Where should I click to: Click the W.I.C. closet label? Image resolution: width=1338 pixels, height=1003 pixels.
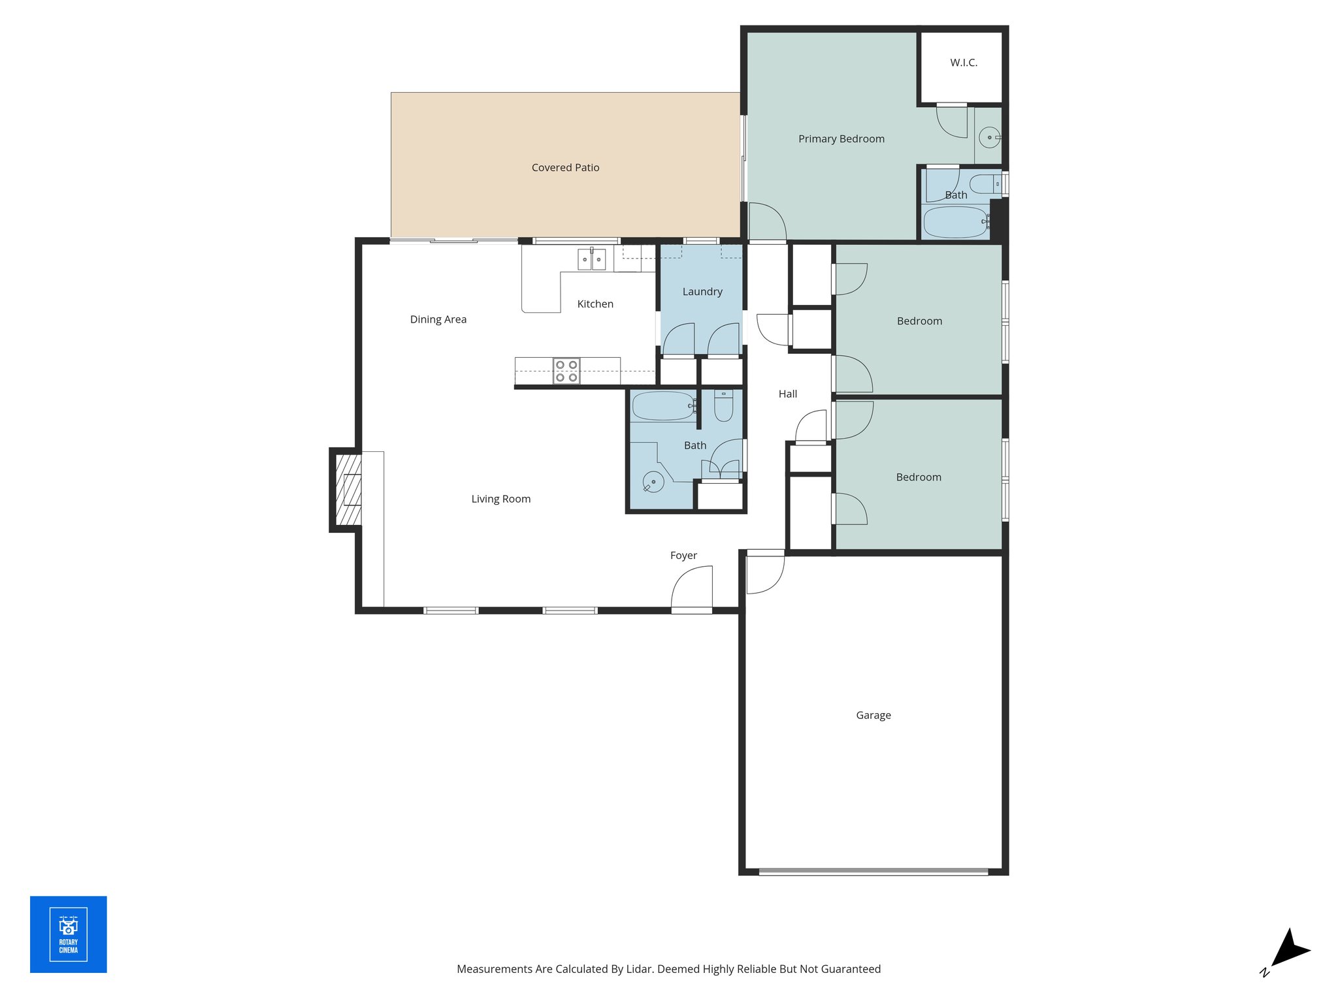point(964,63)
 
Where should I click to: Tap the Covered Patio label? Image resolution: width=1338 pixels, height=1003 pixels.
point(565,168)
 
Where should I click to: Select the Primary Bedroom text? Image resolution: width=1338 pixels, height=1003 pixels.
point(841,139)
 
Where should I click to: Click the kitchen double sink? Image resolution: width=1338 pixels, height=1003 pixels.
point(591,259)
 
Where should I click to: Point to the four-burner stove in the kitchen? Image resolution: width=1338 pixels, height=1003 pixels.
point(566,371)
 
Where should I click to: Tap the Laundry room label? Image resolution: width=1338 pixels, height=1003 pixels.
point(702,292)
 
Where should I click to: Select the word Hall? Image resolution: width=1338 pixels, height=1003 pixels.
point(787,394)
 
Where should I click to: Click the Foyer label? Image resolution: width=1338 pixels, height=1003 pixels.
point(683,556)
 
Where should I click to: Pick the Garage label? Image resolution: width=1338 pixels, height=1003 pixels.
point(873,715)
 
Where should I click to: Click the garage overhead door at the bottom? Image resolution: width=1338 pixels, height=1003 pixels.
point(873,871)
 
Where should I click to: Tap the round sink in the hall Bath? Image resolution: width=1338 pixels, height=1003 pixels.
point(653,482)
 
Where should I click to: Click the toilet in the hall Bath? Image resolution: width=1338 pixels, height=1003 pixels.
point(723,406)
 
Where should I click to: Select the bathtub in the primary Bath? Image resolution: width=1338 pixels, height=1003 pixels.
point(955,222)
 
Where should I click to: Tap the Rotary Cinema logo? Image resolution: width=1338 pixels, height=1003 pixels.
point(69,934)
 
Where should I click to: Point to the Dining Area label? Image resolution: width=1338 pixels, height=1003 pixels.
point(438,319)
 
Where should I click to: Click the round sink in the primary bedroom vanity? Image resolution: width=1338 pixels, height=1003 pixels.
point(989,137)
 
